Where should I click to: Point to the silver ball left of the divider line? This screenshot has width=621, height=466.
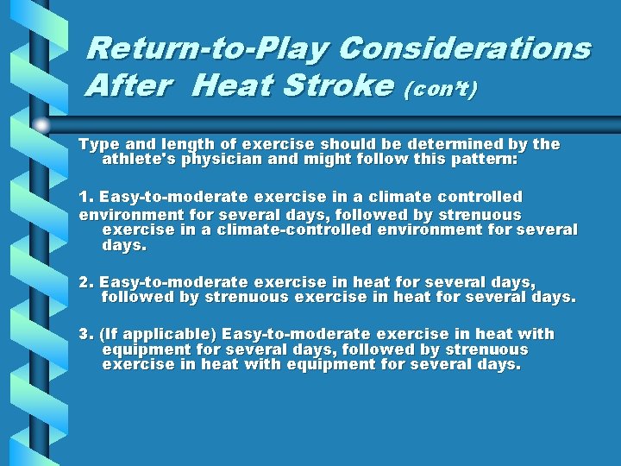pos(42,125)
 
